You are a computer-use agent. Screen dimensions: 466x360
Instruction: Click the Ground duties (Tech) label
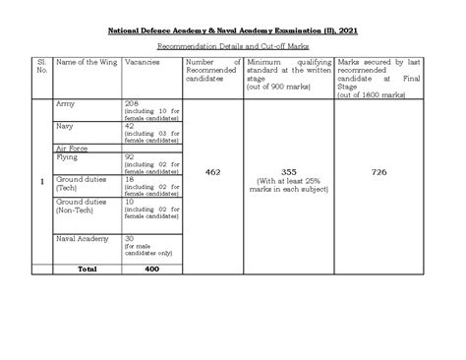tap(82, 185)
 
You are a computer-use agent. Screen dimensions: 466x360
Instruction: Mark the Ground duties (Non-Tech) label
tap(82, 207)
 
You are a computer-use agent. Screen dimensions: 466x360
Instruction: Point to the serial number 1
tap(39, 183)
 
